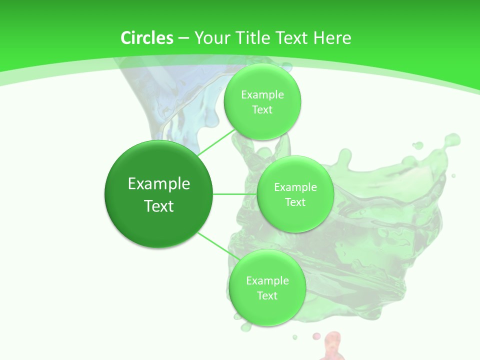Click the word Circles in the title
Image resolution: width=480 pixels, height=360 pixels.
147,38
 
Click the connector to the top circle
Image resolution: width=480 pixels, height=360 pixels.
216,142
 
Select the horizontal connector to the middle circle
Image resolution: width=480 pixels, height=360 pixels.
234,194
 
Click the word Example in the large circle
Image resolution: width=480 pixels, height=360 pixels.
159,184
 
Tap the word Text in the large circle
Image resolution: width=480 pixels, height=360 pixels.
159,206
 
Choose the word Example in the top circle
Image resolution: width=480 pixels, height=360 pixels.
262,95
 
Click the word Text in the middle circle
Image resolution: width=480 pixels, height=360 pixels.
295,202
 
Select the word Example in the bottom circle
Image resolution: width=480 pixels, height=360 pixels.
267,281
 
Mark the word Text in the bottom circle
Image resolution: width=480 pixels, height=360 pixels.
267,296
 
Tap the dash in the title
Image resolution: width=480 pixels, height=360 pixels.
183,38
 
